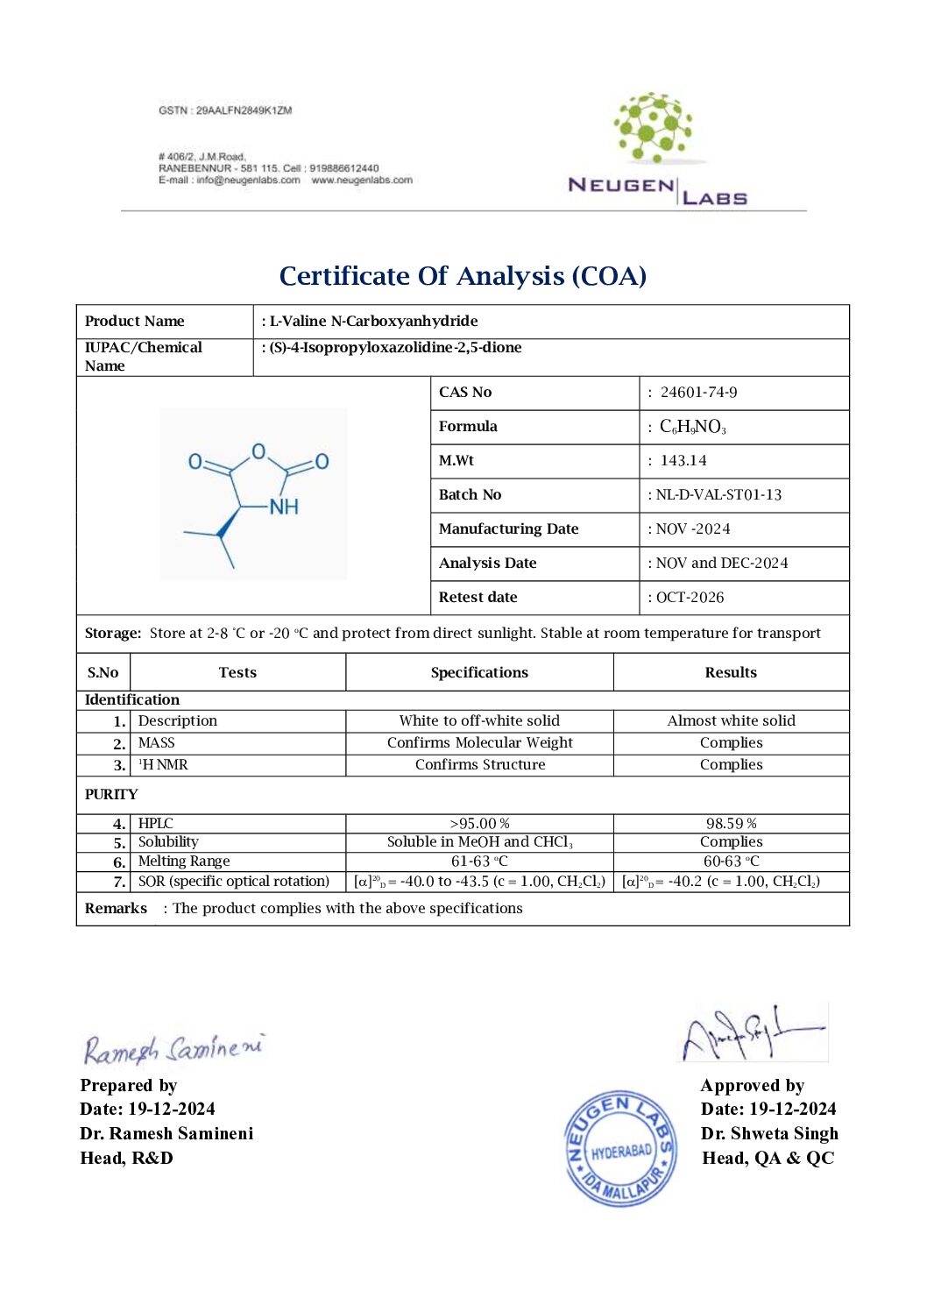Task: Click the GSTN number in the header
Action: [225, 110]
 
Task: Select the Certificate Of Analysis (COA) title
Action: [463, 276]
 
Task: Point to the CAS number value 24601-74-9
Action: [698, 393]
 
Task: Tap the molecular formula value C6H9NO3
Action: [692, 427]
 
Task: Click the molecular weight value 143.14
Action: [683, 461]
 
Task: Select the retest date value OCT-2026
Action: [690, 598]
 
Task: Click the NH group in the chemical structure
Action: [283, 507]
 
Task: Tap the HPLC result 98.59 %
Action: [731, 824]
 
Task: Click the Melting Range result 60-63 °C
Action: [731, 862]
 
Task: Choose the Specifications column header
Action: [479, 673]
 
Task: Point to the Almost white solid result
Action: [731, 721]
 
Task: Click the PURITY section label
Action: [111, 795]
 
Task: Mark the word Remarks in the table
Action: [116, 909]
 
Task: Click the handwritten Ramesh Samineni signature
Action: [173, 1048]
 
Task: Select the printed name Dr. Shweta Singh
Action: [769, 1134]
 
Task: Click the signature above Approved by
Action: [754, 1034]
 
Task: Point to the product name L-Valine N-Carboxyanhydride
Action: [373, 322]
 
